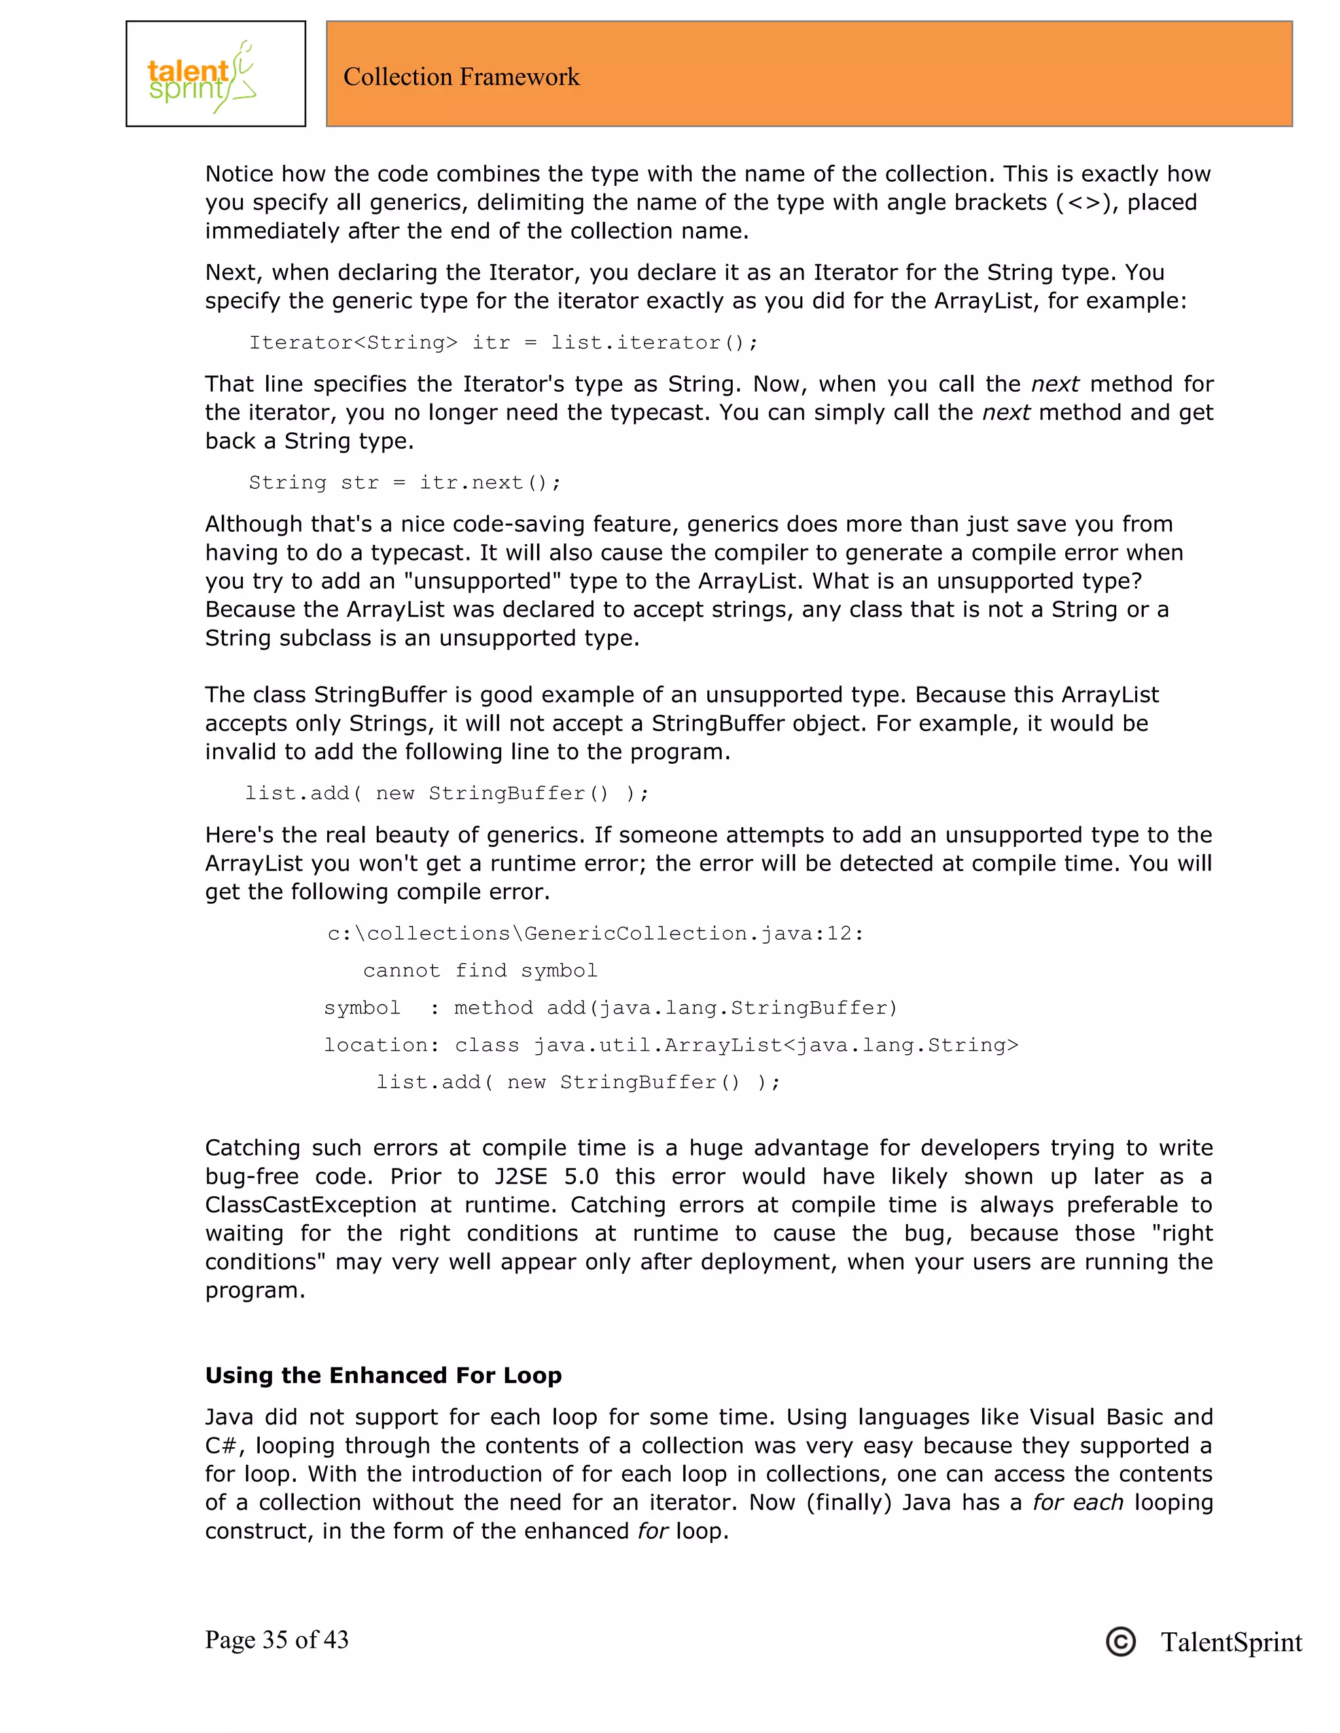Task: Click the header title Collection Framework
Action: point(461,77)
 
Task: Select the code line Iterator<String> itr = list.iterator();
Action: point(503,343)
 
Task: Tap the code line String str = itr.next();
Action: point(405,483)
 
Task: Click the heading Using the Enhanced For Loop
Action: point(383,1375)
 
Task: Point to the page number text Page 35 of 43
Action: point(276,1640)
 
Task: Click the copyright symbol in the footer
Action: point(1120,1641)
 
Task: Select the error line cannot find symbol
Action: point(480,970)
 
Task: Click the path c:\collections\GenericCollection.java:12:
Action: point(595,933)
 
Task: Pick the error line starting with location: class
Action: point(671,1045)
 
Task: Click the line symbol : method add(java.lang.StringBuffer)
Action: point(610,1008)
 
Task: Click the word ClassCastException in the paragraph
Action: point(310,1205)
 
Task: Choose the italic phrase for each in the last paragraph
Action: point(1077,1502)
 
